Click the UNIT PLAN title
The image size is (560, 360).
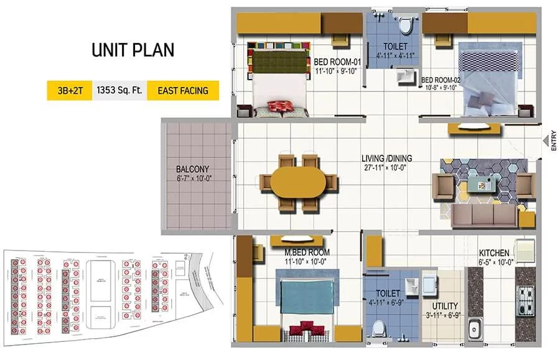pyautogui.click(x=133, y=50)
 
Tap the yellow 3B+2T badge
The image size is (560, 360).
pyautogui.click(x=68, y=91)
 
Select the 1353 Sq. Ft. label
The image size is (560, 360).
pyautogui.click(x=119, y=91)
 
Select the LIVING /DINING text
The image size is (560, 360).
pyautogui.click(x=387, y=159)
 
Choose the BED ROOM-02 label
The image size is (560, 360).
pyautogui.click(x=440, y=80)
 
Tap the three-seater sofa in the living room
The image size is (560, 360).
pyautogui.click(x=485, y=215)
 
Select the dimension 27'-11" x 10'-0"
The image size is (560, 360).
pyautogui.click(x=386, y=167)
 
